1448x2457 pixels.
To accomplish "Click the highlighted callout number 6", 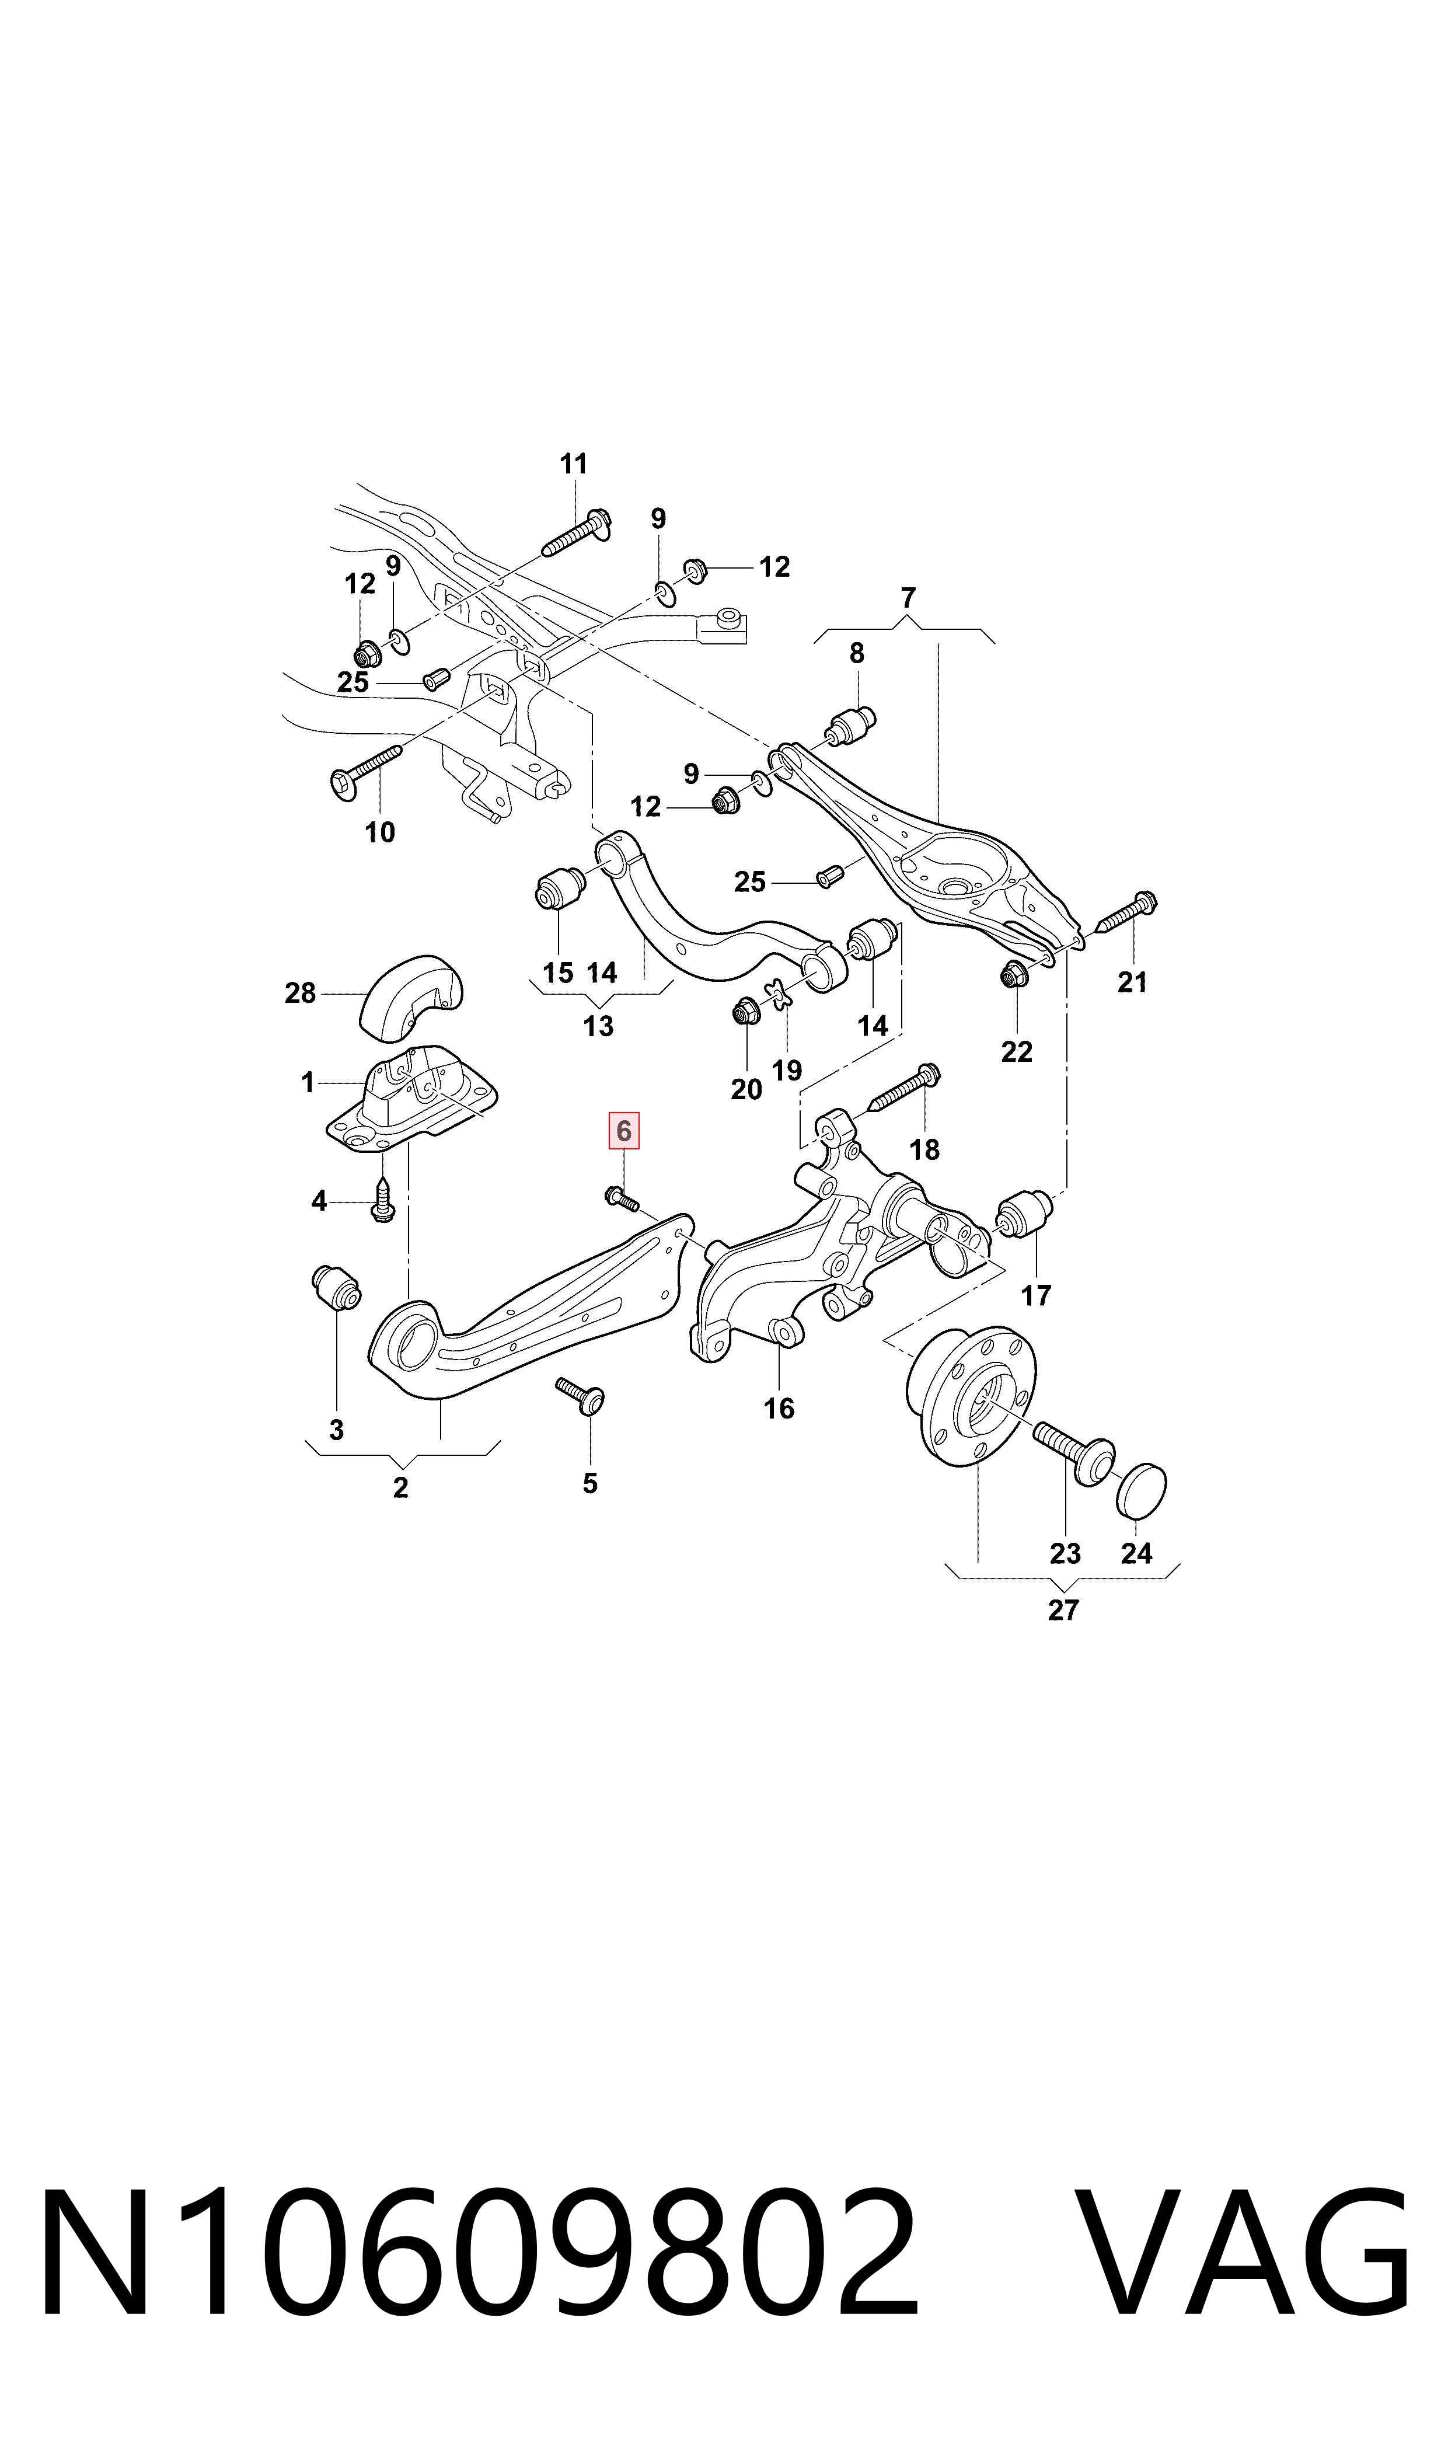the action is click(x=623, y=1131).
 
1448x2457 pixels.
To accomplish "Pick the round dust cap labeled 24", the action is click(x=1140, y=1491).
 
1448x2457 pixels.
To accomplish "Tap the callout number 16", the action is click(x=779, y=1408).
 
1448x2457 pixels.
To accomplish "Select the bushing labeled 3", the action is click(x=336, y=1287).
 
